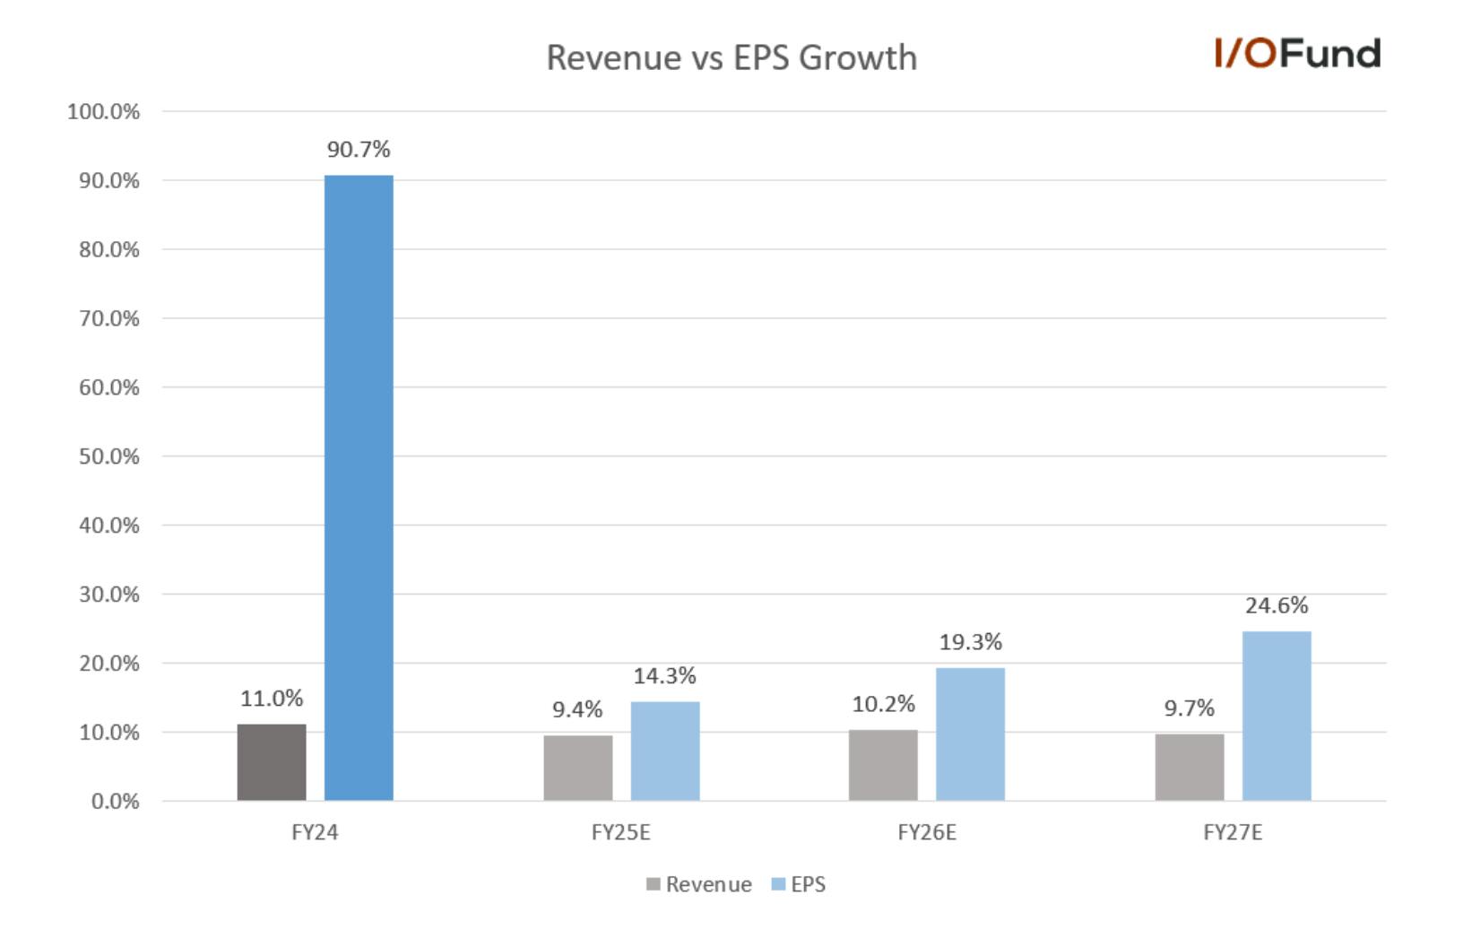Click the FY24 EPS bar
tap(359, 488)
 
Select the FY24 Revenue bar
tap(272, 762)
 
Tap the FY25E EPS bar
tap(665, 751)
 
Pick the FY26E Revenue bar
tap(883, 766)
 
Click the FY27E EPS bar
tap(1277, 716)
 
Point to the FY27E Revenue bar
tap(1190, 768)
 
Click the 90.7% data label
tap(359, 150)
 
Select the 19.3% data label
tap(971, 642)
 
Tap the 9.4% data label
tap(577, 709)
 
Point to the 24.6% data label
tap(1277, 605)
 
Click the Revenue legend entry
tap(699, 884)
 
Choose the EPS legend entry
tap(798, 884)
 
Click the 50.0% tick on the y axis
tap(109, 456)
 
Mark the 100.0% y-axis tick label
tap(103, 112)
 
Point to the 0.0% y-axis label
tap(115, 802)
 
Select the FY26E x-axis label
tap(927, 833)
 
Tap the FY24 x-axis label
tap(315, 833)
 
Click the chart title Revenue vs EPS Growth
tap(731, 57)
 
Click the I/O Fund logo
tap(1298, 53)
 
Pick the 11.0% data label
tap(272, 699)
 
